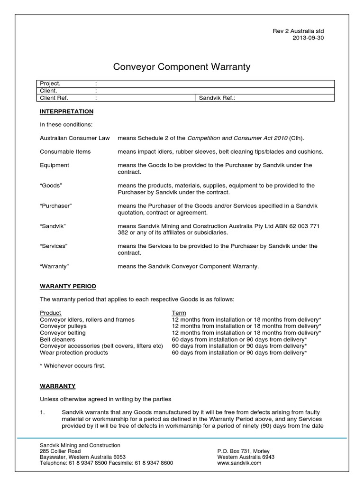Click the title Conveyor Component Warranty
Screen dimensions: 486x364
click(x=182, y=67)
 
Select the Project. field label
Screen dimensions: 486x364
click(x=50, y=84)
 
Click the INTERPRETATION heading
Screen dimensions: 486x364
click(x=66, y=112)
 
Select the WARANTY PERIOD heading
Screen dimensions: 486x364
click(x=68, y=286)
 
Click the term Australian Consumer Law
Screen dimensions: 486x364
click(x=74, y=138)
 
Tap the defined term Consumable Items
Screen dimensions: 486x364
click(x=65, y=151)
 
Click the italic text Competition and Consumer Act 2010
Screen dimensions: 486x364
click(x=237, y=138)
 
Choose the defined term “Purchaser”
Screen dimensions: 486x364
click(x=55, y=206)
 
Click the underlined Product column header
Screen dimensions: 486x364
click(x=50, y=313)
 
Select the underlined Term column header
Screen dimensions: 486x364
click(x=178, y=313)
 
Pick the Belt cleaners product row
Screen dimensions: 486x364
click(x=57, y=339)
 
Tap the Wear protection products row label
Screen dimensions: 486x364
click(x=74, y=353)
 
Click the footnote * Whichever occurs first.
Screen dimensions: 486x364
click(x=73, y=366)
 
